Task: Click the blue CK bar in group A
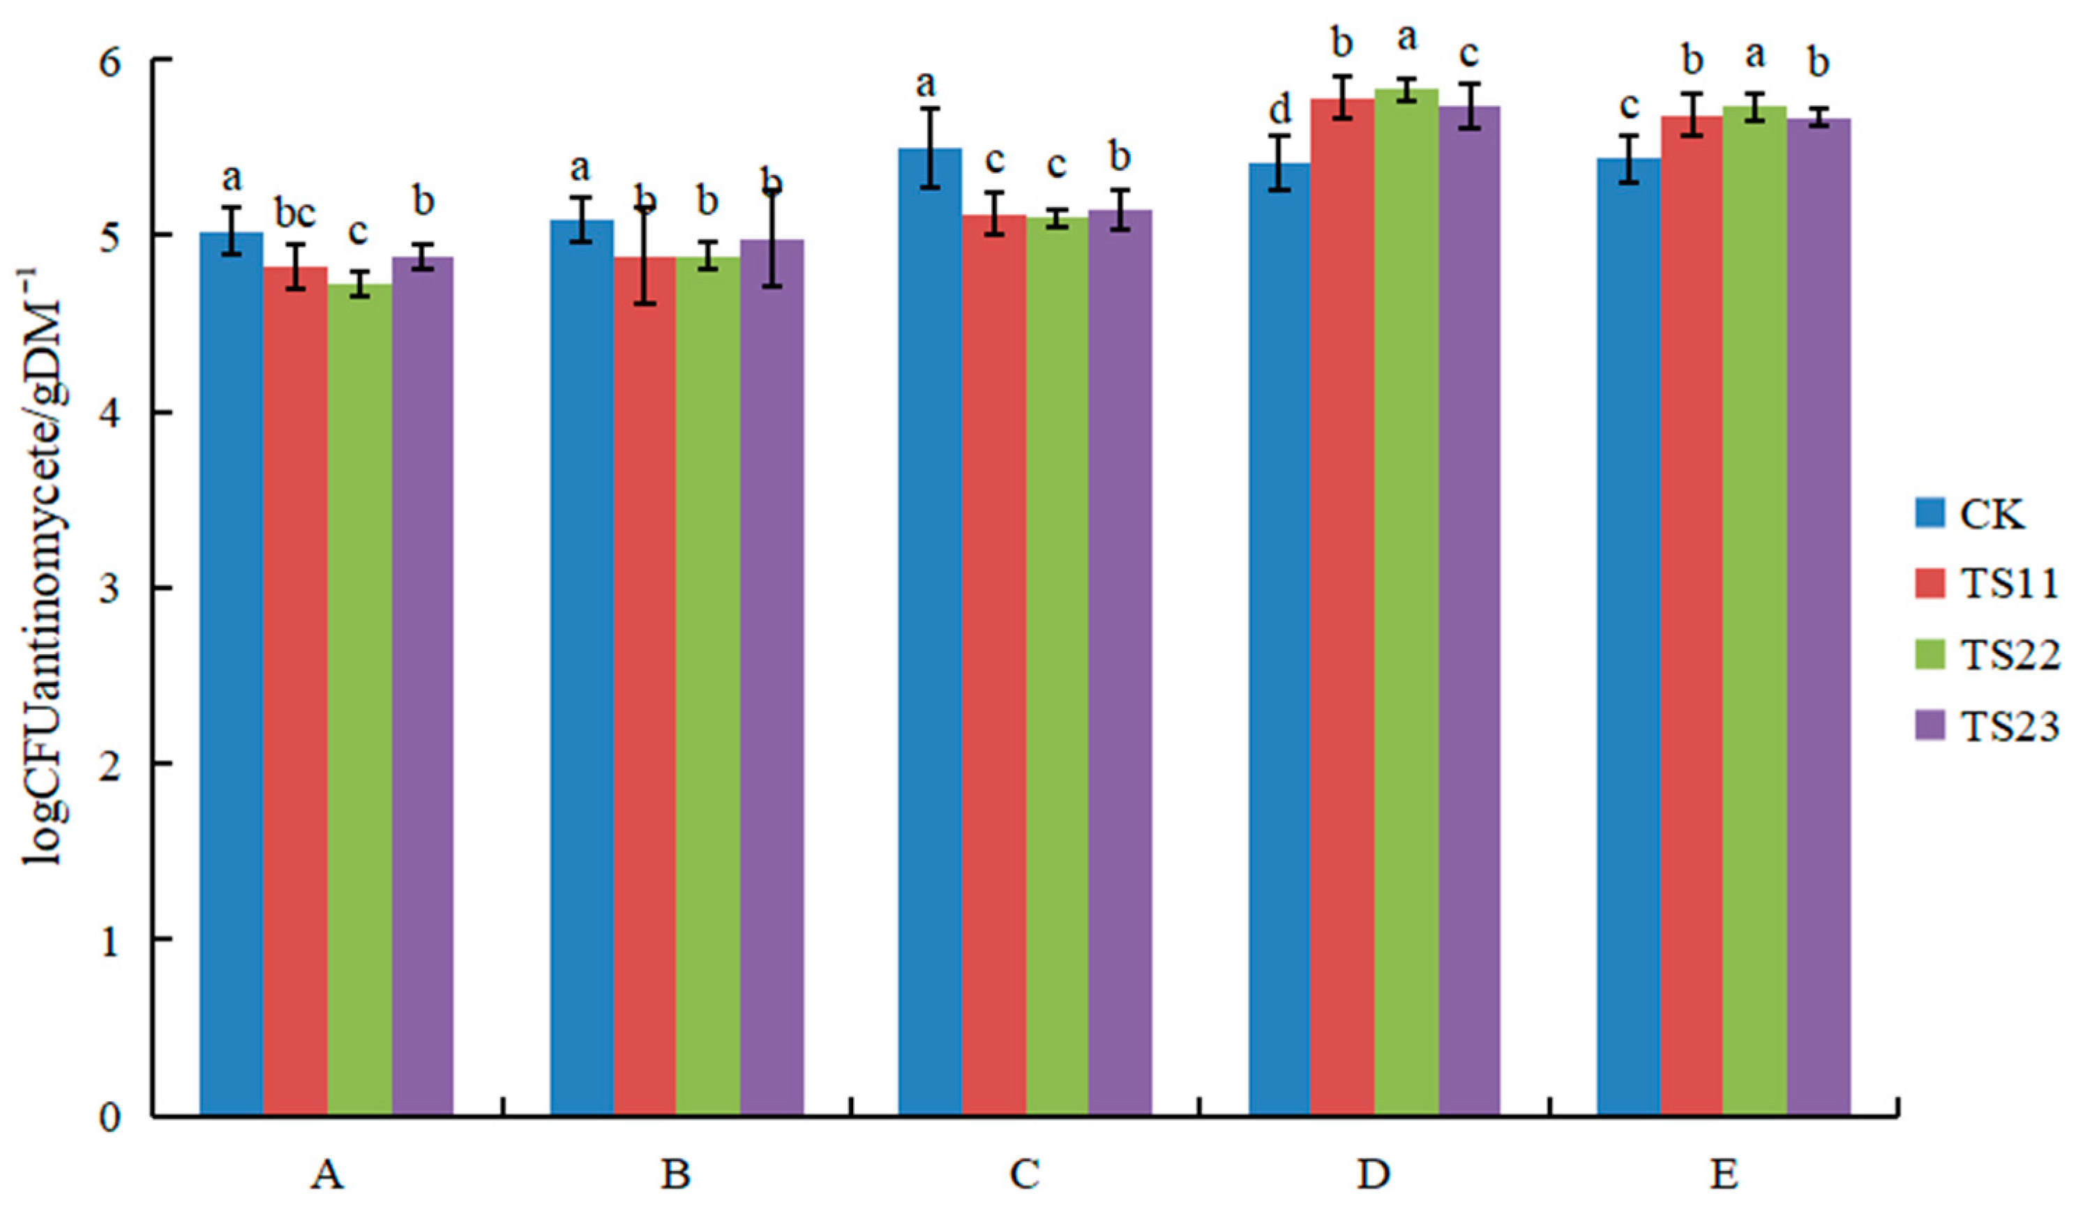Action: click(x=232, y=675)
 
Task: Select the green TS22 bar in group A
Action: click(x=359, y=700)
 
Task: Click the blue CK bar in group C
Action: click(x=930, y=634)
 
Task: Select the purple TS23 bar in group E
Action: click(x=1818, y=618)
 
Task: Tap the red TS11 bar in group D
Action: click(x=1343, y=609)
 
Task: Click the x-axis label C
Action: click(x=1024, y=1175)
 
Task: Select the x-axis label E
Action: click(x=1724, y=1175)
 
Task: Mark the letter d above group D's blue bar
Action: click(x=1279, y=109)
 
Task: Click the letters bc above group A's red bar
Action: click(x=295, y=214)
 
